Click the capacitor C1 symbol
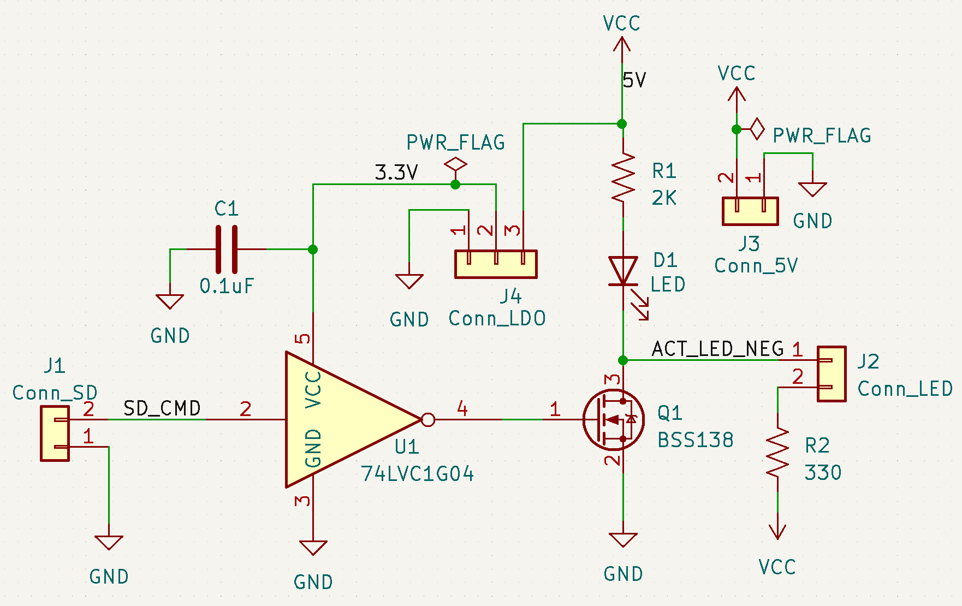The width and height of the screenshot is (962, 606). click(x=227, y=249)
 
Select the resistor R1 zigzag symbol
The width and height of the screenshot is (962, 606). click(x=623, y=177)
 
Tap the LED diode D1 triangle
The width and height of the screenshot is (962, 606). click(x=623, y=271)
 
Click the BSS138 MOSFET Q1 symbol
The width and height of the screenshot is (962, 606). click(x=613, y=419)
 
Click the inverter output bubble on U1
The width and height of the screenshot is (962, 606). click(x=428, y=420)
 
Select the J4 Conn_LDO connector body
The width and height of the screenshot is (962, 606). click(x=496, y=264)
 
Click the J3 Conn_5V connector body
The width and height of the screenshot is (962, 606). click(x=750, y=211)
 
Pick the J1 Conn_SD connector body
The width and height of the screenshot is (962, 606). click(x=55, y=433)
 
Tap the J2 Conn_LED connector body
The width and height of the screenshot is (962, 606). click(x=832, y=374)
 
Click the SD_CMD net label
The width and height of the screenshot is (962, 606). click(x=162, y=408)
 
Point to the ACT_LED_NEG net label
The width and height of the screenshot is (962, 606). click(x=718, y=349)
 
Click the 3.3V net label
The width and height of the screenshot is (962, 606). click(x=396, y=173)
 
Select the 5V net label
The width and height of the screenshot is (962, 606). click(x=634, y=81)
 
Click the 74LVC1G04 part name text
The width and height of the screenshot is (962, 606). click(x=418, y=474)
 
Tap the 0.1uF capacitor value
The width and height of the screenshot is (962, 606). click(x=227, y=286)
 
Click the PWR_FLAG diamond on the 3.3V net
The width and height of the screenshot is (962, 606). click(x=455, y=164)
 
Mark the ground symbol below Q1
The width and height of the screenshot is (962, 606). click(x=623, y=540)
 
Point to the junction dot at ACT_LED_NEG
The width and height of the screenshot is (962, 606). click(x=623, y=360)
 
